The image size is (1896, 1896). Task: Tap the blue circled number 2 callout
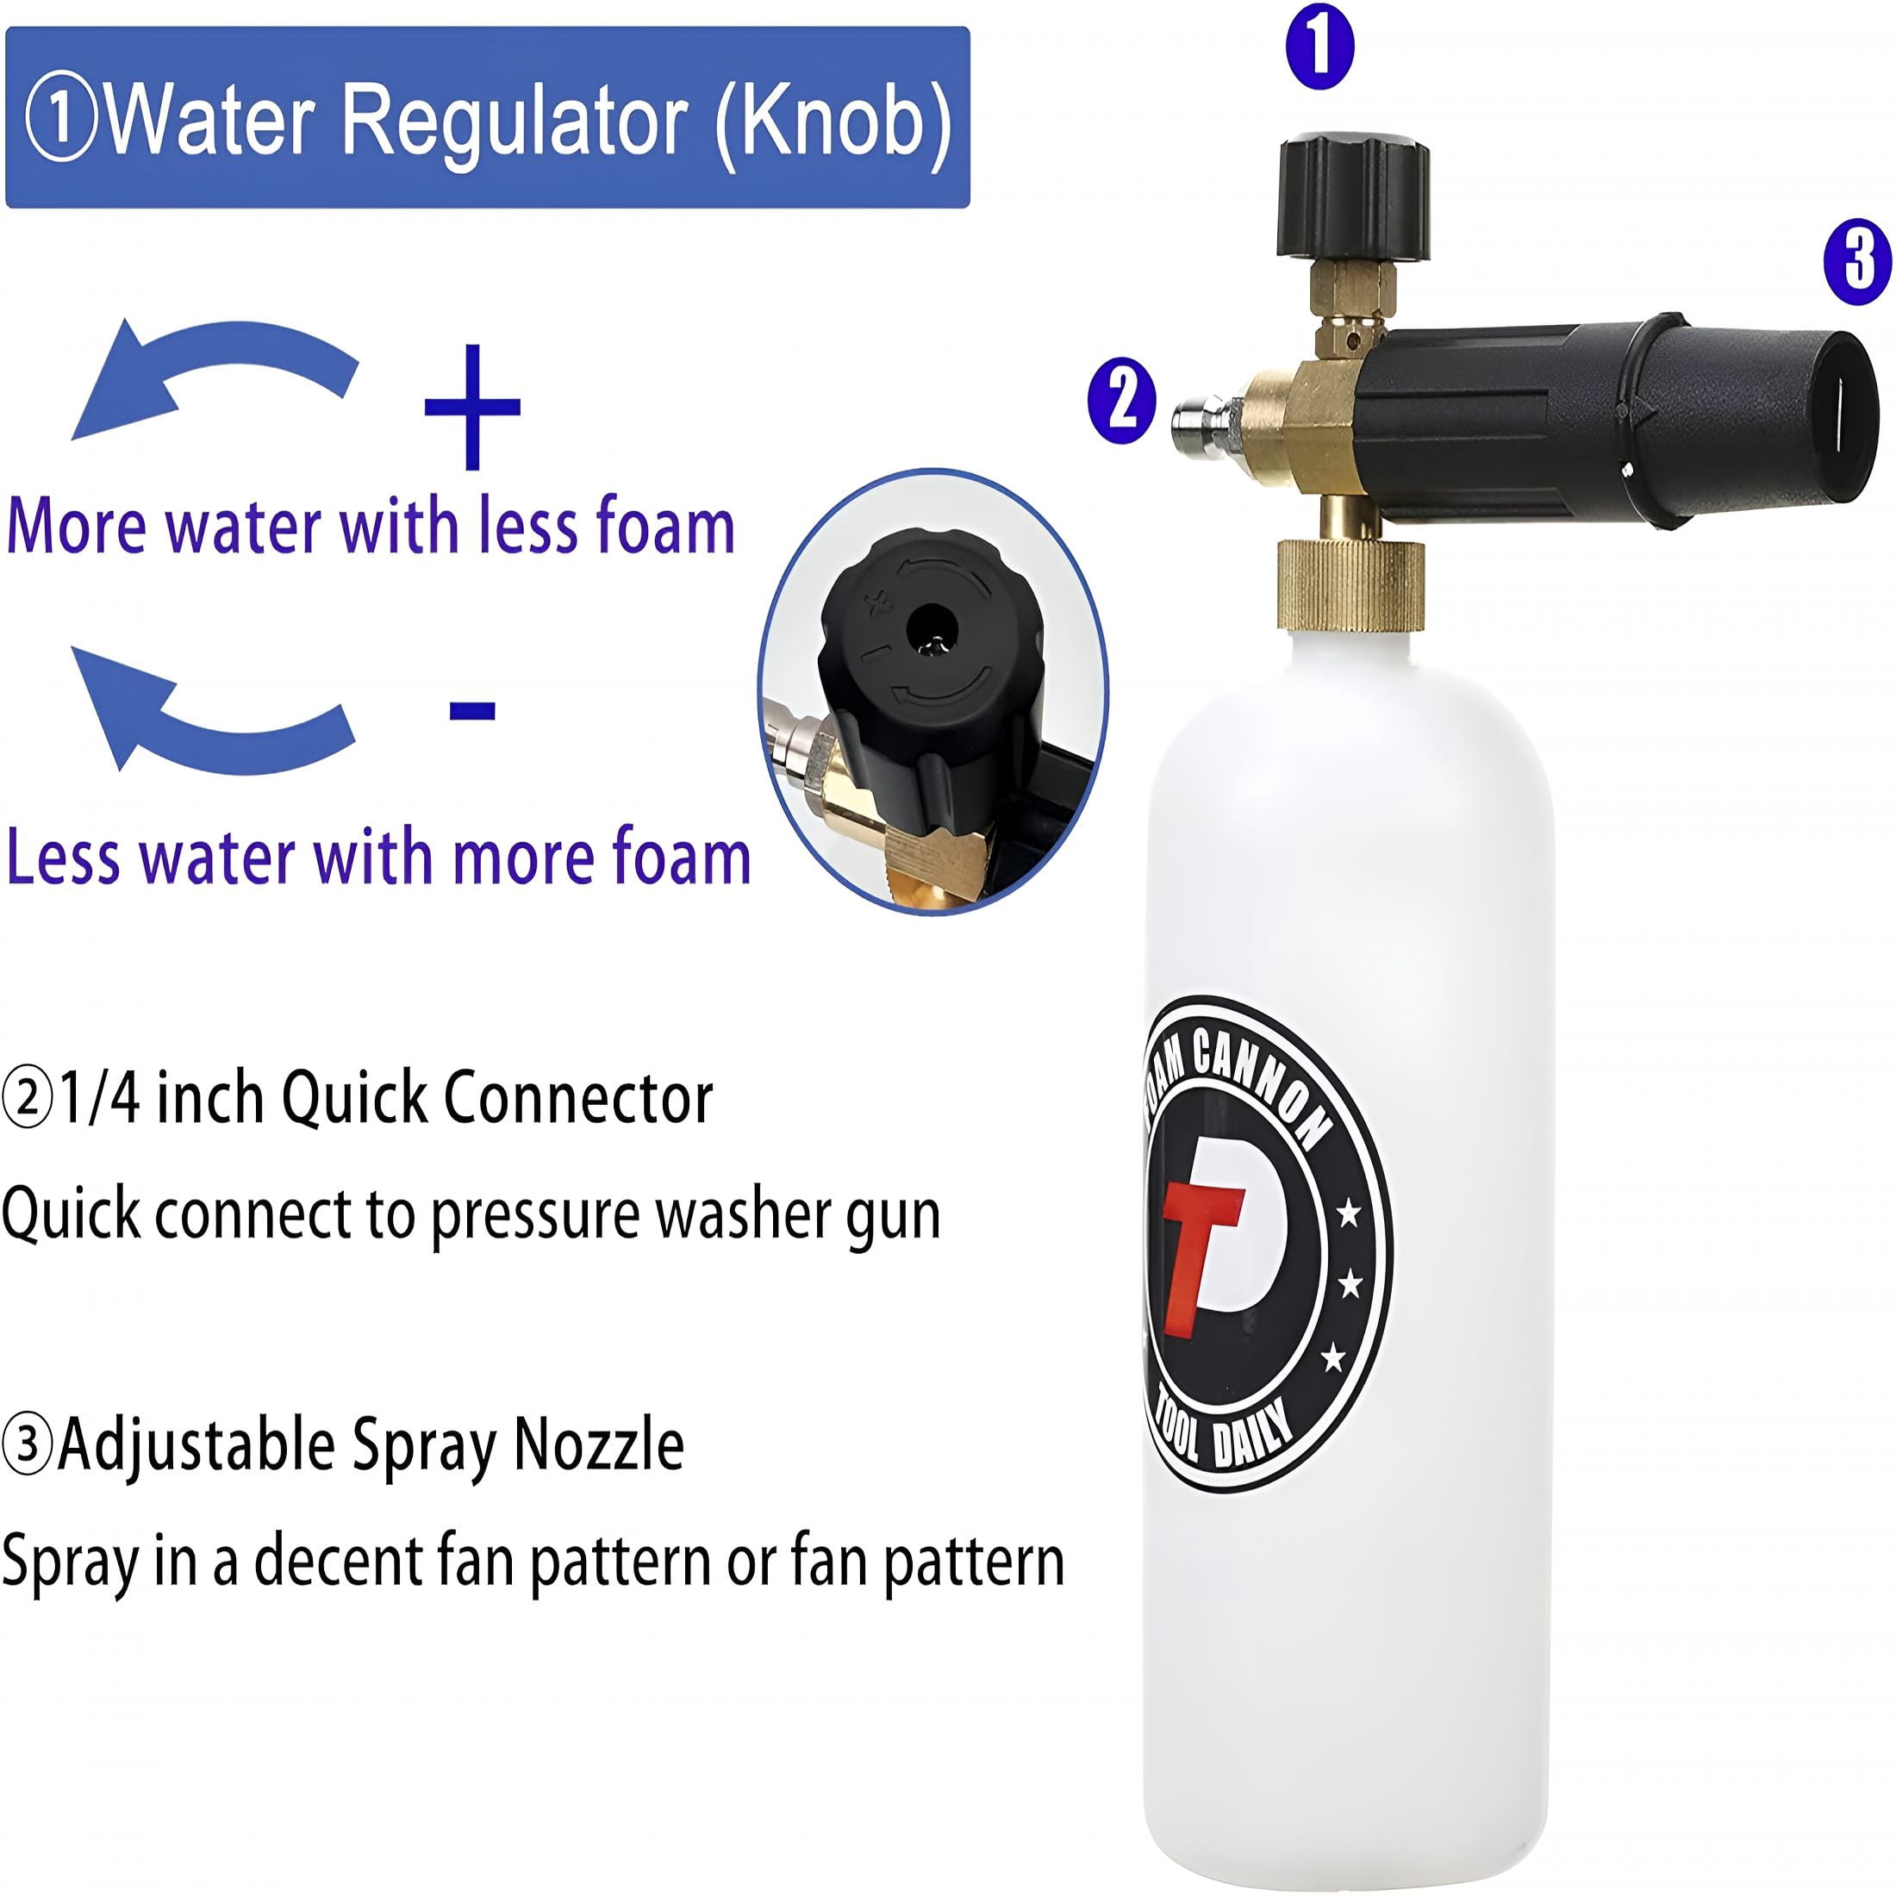[x=1122, y=402]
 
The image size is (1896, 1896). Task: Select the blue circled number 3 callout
[x=1858, y=261]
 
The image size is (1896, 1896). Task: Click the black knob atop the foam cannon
[x=1352, y=197]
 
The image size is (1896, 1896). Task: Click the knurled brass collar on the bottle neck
[x=1350, y=585]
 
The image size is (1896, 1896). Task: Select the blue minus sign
[x=472, y=709]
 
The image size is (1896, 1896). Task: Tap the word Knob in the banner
[x=833, y=121]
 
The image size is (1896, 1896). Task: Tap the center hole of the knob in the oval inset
[x=931, y=628]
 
